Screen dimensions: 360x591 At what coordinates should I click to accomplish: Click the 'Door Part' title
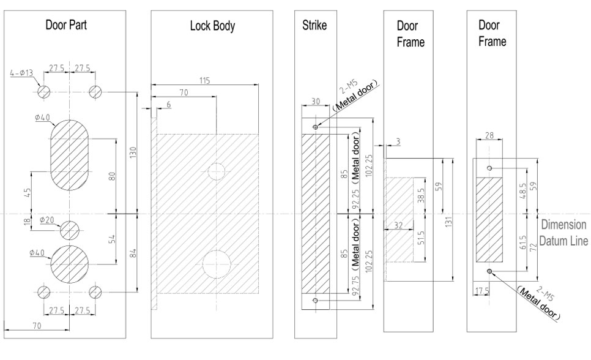click(x=65, y=26)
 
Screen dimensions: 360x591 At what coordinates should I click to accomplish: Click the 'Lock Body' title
click(x=212, y=26)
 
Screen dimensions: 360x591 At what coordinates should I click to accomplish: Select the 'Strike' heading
click(x=315, y=26)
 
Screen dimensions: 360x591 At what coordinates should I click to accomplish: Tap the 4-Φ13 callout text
click(x=22, y=74)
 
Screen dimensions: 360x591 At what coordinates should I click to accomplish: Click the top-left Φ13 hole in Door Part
click(x=44, y=91)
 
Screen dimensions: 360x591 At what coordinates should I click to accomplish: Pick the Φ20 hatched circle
click(x=70, y=231)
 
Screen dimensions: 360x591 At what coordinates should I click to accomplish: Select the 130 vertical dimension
click(x=133, y=152)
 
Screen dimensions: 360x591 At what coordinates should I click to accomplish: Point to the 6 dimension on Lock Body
click(x=168, y=106)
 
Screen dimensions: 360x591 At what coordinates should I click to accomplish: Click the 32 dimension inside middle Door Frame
click(x=398, y=225)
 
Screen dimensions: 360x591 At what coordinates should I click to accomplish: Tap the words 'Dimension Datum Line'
click(x=565, y=233)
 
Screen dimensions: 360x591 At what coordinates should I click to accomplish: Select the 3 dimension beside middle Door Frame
click(x=398, y=142)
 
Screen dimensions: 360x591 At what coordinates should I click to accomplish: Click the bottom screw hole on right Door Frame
click(x=489, y=270)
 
